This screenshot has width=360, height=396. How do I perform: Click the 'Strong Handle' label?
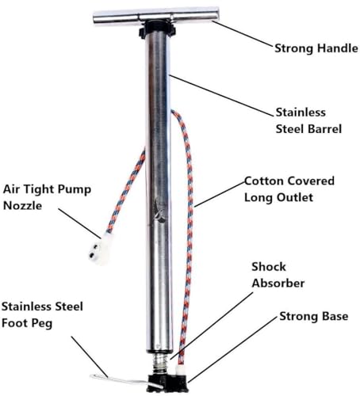[x=316, y=48]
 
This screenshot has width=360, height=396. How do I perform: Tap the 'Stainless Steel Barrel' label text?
[x=308, y=120]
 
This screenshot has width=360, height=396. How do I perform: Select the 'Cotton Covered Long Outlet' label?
[x=289, y=189]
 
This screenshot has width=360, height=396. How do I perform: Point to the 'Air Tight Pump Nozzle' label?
[x=47, y=197]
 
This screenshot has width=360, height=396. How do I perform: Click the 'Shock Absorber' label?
[x=278, y=275]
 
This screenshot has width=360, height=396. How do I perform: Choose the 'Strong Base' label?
[x=314, y=316]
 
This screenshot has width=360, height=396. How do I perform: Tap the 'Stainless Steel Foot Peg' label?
[x=42, y=315]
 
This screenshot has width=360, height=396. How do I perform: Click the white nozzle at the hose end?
[x=100, y=249]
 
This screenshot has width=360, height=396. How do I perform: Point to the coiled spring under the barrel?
[x=159, y=363]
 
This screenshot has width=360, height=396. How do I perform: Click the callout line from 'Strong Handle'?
[x=243, y=34]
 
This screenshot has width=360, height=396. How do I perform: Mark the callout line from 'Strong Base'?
[x=233, y=349]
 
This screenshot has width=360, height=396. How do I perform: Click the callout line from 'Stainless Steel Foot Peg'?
[x=90, y=356]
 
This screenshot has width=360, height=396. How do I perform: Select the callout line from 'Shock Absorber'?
[x=212, y=326]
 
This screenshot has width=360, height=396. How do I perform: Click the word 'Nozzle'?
[x=22, y=206]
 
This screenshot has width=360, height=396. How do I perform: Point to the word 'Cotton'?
[x=264, y=181]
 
